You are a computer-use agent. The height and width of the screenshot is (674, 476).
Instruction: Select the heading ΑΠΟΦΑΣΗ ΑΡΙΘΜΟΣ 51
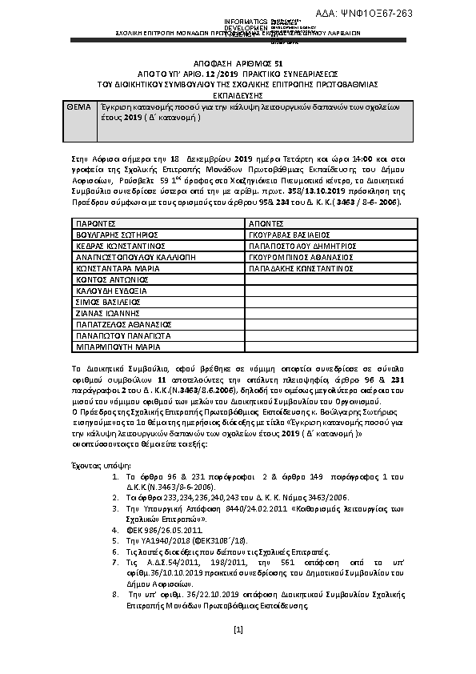pos(238,62)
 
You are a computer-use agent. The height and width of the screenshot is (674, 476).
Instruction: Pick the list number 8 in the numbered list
pos(118,595)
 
